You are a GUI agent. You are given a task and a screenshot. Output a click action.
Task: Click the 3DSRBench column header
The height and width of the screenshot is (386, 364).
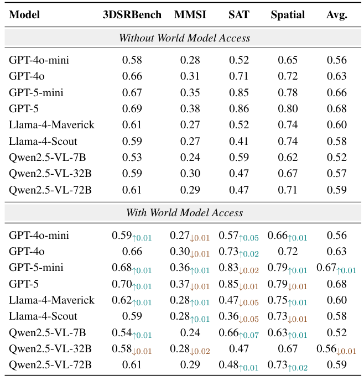(x=132, y=15)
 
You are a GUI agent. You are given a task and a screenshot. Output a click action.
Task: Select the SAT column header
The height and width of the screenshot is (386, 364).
(x=238, y=15)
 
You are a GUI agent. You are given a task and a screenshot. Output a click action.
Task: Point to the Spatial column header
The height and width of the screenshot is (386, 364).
(x=287, y=15)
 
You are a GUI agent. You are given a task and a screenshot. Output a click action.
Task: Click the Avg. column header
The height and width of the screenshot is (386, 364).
(x=336, y=15)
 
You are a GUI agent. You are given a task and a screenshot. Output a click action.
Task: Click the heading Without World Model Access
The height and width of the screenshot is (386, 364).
(x=184, y=38)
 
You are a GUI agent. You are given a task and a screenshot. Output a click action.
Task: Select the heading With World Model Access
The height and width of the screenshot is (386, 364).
(x=184, y=212)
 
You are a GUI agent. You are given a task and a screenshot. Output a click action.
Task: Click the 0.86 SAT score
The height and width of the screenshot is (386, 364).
(x=238, y=108)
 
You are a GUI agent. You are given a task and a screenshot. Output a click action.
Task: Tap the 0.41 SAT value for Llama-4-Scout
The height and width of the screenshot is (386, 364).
(x=238, y=140)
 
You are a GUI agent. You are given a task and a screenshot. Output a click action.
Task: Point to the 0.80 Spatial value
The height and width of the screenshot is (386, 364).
(x=287, y=108)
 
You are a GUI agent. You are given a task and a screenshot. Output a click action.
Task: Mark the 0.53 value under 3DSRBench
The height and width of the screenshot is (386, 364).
(x=132, y=157)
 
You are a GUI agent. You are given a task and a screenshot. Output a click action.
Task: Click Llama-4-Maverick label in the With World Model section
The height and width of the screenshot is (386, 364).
(x=51, y=300)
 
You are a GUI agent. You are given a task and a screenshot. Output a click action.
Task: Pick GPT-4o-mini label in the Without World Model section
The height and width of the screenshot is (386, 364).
(x=39, y=60)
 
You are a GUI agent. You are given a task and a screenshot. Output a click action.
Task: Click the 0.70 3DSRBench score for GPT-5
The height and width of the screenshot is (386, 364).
(x=122, y=284)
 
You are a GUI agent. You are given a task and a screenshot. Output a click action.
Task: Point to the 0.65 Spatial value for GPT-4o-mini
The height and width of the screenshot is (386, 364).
(x=287, y=60)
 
